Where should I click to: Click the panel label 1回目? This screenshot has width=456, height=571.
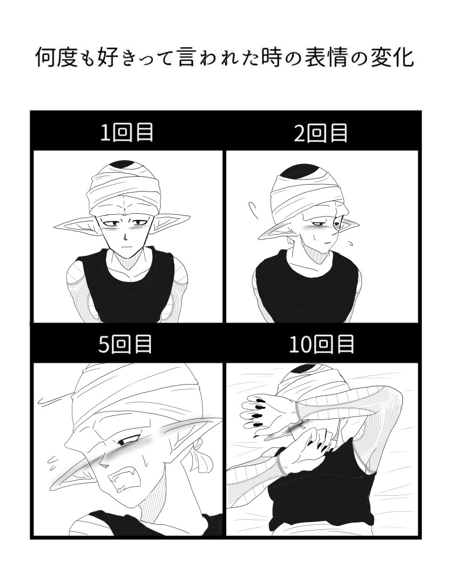click(127, 133)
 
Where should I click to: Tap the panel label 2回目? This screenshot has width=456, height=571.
click(321, 133)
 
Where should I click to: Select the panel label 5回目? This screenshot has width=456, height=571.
click(125, 344)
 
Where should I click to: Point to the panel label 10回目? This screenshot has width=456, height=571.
click(321, 344)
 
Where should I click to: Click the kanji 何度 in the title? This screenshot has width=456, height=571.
click(57, 58)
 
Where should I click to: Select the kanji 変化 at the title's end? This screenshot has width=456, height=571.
click(392, 58)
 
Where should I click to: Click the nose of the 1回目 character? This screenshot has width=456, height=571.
click(125, 238)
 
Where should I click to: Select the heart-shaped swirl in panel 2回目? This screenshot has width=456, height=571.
click(253, 209)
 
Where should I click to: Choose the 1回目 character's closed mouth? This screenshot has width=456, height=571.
click(125, 247)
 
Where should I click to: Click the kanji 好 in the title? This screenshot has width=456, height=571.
click(108, 58)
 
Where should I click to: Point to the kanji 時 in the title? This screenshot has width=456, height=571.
click(272, 58)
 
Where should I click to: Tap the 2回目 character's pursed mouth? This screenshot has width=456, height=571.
click(327, 242)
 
